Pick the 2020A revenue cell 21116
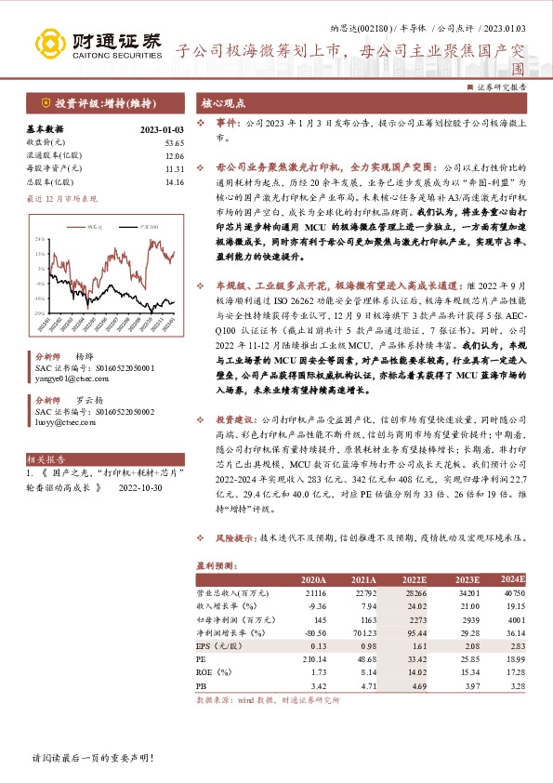(x=317, y=591)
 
